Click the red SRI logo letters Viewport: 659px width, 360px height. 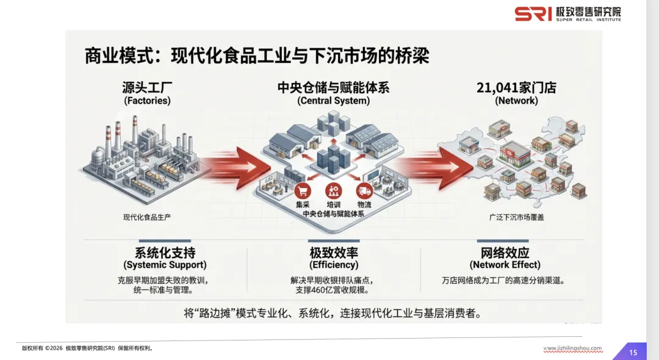533,13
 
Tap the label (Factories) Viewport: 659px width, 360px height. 147,101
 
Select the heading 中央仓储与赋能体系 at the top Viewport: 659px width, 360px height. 333,87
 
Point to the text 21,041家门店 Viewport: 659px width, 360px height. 516,87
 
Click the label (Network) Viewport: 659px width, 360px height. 516,101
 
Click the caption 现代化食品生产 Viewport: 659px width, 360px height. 147,217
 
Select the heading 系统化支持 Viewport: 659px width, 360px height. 165,253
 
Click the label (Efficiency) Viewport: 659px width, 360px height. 333,265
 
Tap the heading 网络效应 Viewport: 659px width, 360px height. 505,253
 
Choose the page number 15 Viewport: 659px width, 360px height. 633,352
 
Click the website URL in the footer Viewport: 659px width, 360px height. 572,348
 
